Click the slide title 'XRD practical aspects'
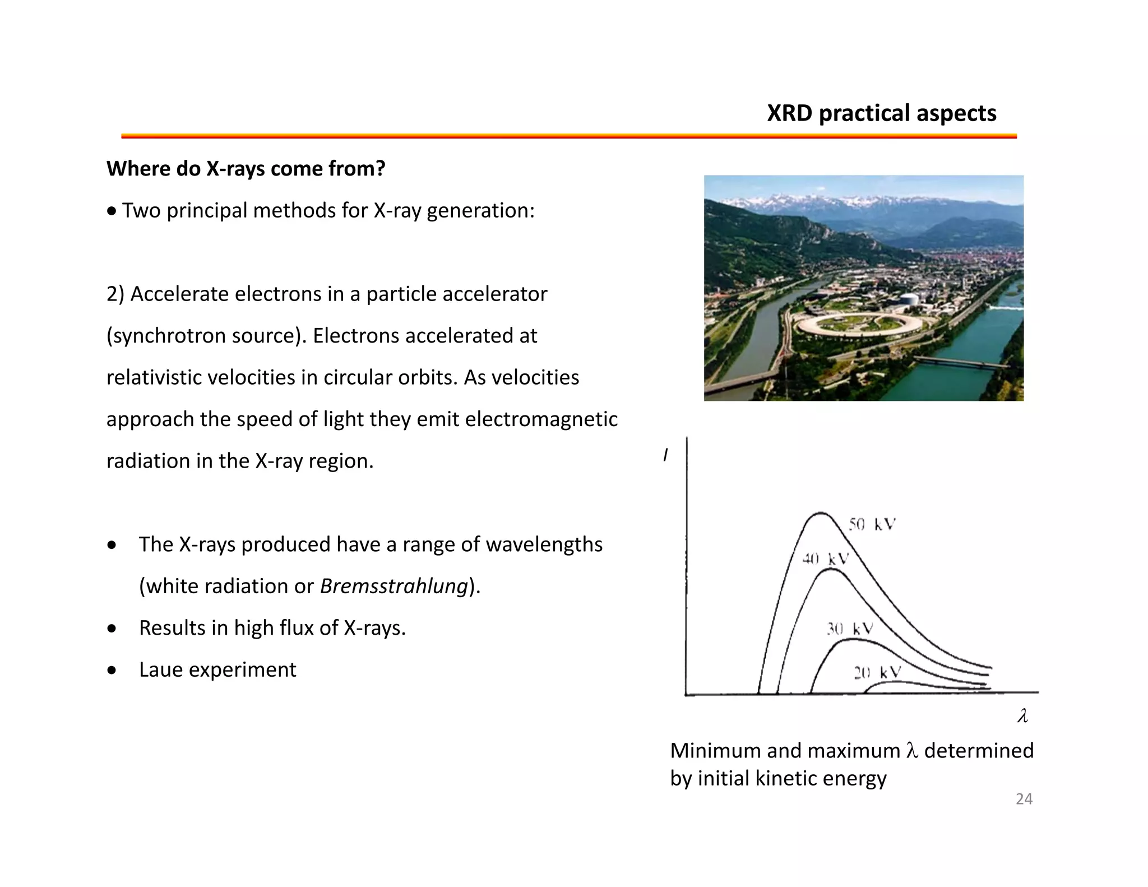pyautogui.click(x=881, y=113)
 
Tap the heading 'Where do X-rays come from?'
pyautogui.click(x=246, y=169)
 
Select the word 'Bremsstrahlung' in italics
pyautogui.click(x=394, y=586)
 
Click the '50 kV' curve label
pyautogui.click(x=872, y=524)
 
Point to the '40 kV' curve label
pyautogui.click(x=825, y=558)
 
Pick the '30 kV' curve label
pyautogui.click(x=850, y=629)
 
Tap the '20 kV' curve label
pyautogui.click(x=877, y=672)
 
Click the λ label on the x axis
pyautogui.click(x=1022, y=716)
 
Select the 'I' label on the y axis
pyautogui.click(x=665, y=455)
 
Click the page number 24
pyautogui.click(x=1024, y=799)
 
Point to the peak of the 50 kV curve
pyautogui.click(x=821, y=512)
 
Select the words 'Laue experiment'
pyautogui.click(x=217, y=669)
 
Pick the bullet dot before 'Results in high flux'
pyautogui.click(x=112, y=629)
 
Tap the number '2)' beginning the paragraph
pyautogui.click(x=115, y=294)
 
